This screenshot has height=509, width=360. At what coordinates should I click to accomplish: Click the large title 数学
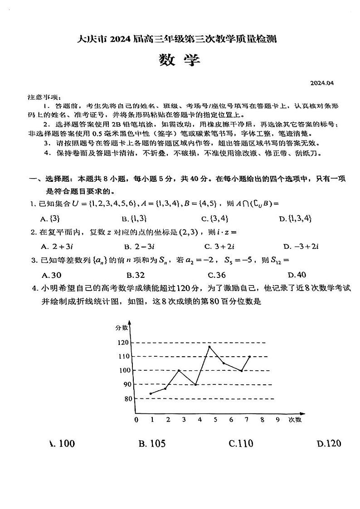point(180,60)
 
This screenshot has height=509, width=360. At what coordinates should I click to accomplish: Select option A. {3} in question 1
point(50,218)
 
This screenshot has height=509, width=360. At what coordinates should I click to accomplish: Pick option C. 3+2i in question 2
point(218,247)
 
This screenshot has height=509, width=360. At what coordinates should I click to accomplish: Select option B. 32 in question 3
point(136,275)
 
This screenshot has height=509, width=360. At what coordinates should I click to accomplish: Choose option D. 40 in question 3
point(297,275)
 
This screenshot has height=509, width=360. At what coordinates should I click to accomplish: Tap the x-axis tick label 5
point(215,420)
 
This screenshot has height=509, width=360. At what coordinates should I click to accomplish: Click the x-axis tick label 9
point(277,420)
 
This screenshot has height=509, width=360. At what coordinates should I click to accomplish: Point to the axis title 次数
point(295,420)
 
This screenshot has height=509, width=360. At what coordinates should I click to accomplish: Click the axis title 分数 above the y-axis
point(122,327)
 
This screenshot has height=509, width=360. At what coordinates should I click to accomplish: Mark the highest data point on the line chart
point(209,347)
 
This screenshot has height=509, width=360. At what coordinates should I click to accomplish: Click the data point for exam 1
point(151,393)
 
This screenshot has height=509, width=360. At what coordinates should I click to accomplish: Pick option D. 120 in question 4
point(329,443)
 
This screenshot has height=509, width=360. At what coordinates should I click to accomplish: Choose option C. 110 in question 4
point(241,443)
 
